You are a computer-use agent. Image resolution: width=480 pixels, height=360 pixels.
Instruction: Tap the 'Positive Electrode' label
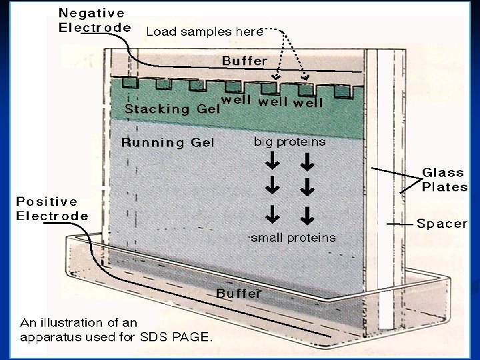point(52,208)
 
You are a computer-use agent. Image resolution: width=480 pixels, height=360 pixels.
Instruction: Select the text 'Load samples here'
point(204,31)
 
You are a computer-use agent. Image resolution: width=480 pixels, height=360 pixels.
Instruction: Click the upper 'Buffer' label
point(244,60)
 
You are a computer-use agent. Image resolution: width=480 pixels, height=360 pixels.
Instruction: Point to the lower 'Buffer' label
point(238,293)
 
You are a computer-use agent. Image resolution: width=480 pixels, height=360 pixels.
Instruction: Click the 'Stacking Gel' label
point(171,109)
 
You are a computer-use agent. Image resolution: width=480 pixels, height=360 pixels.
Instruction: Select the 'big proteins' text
point(290,141)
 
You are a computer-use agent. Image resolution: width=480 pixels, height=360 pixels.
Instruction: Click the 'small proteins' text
point(293,237)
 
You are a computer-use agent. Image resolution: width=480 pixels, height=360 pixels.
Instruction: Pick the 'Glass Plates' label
point(445,179)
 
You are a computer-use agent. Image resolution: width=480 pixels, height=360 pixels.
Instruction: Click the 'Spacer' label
point(442,223)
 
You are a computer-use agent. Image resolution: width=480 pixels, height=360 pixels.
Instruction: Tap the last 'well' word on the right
point(308,102)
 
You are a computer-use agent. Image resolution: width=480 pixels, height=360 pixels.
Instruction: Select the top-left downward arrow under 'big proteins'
point(273,162)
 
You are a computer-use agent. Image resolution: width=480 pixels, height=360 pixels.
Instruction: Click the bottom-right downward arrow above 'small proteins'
point(307,215)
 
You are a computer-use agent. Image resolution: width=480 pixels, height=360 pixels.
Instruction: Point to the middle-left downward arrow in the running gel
point(273,188)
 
